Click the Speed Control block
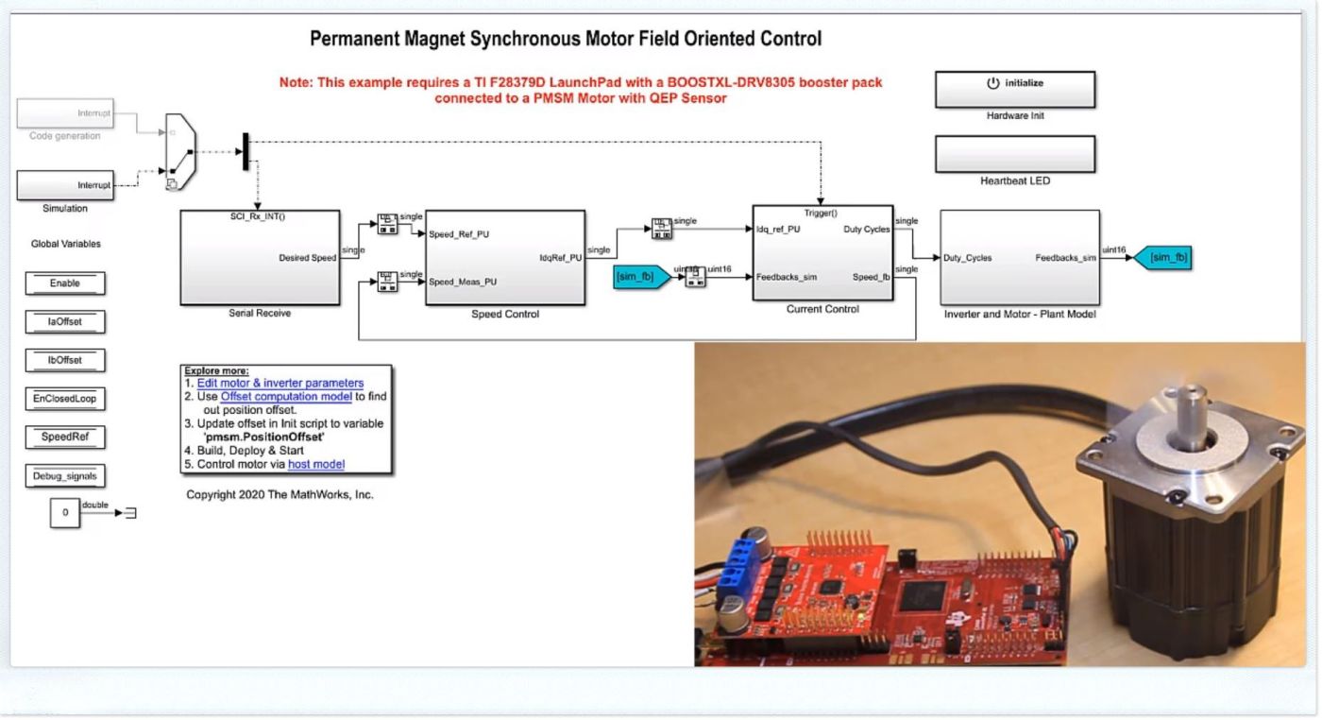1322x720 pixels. coord(505,257)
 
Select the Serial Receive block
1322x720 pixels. coord(260,257)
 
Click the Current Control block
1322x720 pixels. coord(822,252)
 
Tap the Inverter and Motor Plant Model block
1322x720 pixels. coord(1019,257)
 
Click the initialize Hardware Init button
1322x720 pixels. coord(1015,89)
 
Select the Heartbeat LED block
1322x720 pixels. coord(1015,154)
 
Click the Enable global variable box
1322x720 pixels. coord(65,283)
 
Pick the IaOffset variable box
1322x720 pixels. coord(65,322)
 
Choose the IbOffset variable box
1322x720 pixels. coord(65,361)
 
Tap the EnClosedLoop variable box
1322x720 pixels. coord(65,399)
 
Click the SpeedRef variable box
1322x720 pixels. coord(65,437)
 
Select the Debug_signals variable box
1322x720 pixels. coord(65,476)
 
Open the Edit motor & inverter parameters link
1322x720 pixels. coord(280,384)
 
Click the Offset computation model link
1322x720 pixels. coord(286,397)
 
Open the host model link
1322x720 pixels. coord(316,464)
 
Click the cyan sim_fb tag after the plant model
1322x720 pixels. coord(1162,257)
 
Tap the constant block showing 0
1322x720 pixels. coord(65,513)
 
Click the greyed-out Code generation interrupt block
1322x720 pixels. coord(65,114)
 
